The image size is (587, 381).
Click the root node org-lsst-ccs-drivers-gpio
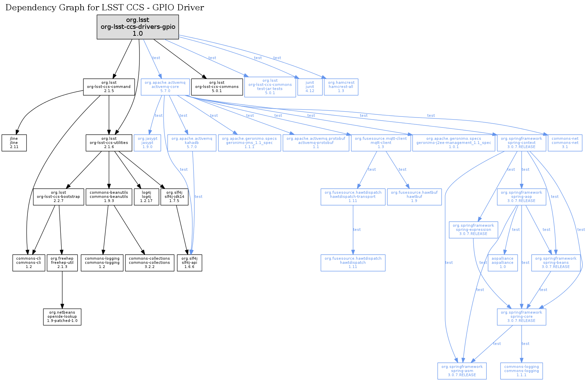pos(137,27)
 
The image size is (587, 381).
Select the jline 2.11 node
pos(14,143)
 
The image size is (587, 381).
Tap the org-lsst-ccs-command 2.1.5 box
pos(109,87)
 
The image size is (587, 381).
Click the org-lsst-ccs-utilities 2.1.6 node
pos(109,143)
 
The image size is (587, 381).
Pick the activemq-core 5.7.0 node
pos(165,87)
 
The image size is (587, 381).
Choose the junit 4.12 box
pos(309,87)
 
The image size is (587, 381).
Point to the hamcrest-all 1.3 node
pos(341,87)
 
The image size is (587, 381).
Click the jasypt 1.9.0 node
pos(147,143)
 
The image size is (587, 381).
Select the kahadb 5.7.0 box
pos(192,143)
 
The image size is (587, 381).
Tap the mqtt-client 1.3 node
pos(381,143)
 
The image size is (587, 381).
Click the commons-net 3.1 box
pos(565,143)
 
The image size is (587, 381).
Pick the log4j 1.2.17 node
pos(146,197)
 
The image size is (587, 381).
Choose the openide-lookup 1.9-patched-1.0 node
pos(62,316)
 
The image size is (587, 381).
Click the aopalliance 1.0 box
pos(503,262)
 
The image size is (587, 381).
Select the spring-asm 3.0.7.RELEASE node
pos(462,371)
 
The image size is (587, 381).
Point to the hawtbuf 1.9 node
pos(414,197)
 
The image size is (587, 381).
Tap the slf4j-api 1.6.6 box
pos(189,262)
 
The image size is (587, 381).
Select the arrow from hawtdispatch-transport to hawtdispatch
pos(353,229)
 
